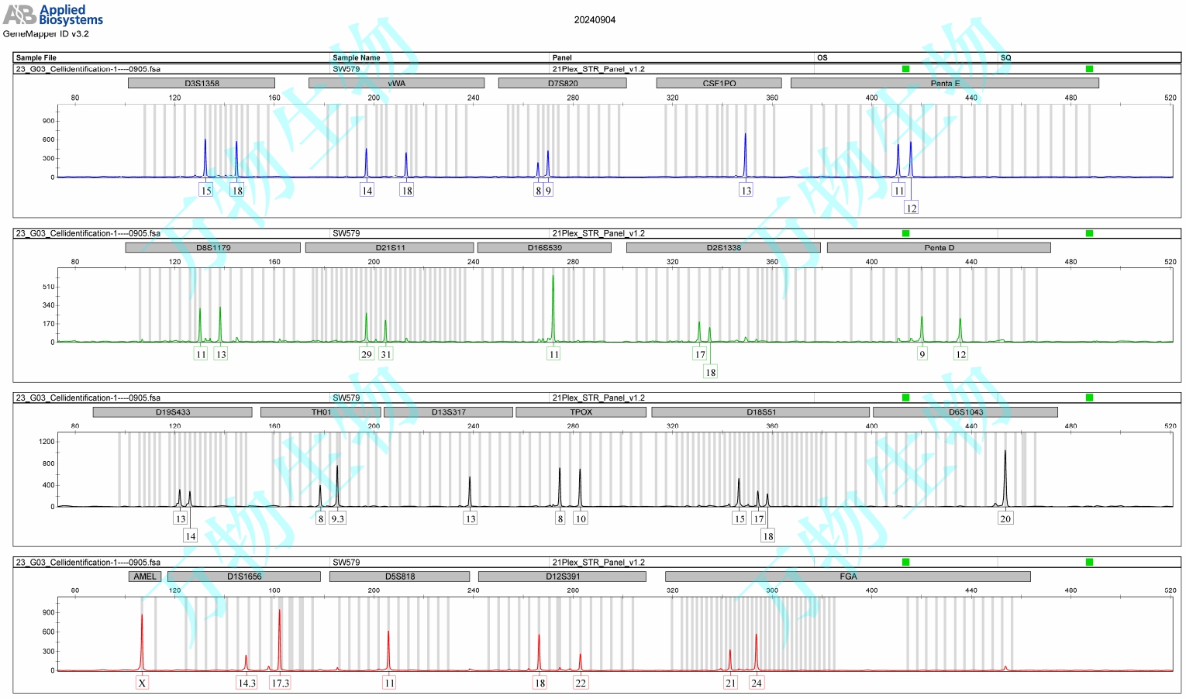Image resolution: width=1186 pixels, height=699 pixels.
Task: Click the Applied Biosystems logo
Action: [x=53, y=14]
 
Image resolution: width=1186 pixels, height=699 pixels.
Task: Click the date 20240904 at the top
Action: [x=595, y=20]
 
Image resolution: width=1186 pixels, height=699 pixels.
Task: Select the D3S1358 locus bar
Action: [x=202, y=83]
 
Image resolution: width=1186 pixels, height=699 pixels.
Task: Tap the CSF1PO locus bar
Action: [x=719, y=83]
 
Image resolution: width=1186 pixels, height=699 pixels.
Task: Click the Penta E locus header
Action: [x=945, y=83]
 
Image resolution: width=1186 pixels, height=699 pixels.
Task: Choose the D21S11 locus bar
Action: [x=390, y=248]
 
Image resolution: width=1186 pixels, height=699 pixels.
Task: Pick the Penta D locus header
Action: [x=939, y=248]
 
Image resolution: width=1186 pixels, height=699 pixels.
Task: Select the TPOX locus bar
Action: [x=581, y=412]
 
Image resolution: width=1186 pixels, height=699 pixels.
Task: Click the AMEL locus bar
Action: [x=145, y=577]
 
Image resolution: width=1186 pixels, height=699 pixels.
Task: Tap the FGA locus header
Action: [x=848, y=577]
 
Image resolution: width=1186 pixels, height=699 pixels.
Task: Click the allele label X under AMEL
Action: [x=142, y=683]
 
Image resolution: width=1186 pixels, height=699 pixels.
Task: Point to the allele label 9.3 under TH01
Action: [x=337, y=518]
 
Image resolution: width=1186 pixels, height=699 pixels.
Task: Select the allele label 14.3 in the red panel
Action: [x=247, y=683]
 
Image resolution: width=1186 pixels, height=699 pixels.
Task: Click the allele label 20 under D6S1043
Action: [x=1005, y=518]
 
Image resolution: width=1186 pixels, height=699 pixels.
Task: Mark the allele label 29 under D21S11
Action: [x=367, y=354]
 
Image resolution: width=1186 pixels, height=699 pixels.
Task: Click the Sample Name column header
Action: [x=357, y=57]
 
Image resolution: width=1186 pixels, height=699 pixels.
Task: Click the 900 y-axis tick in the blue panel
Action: [x=49, y=121]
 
